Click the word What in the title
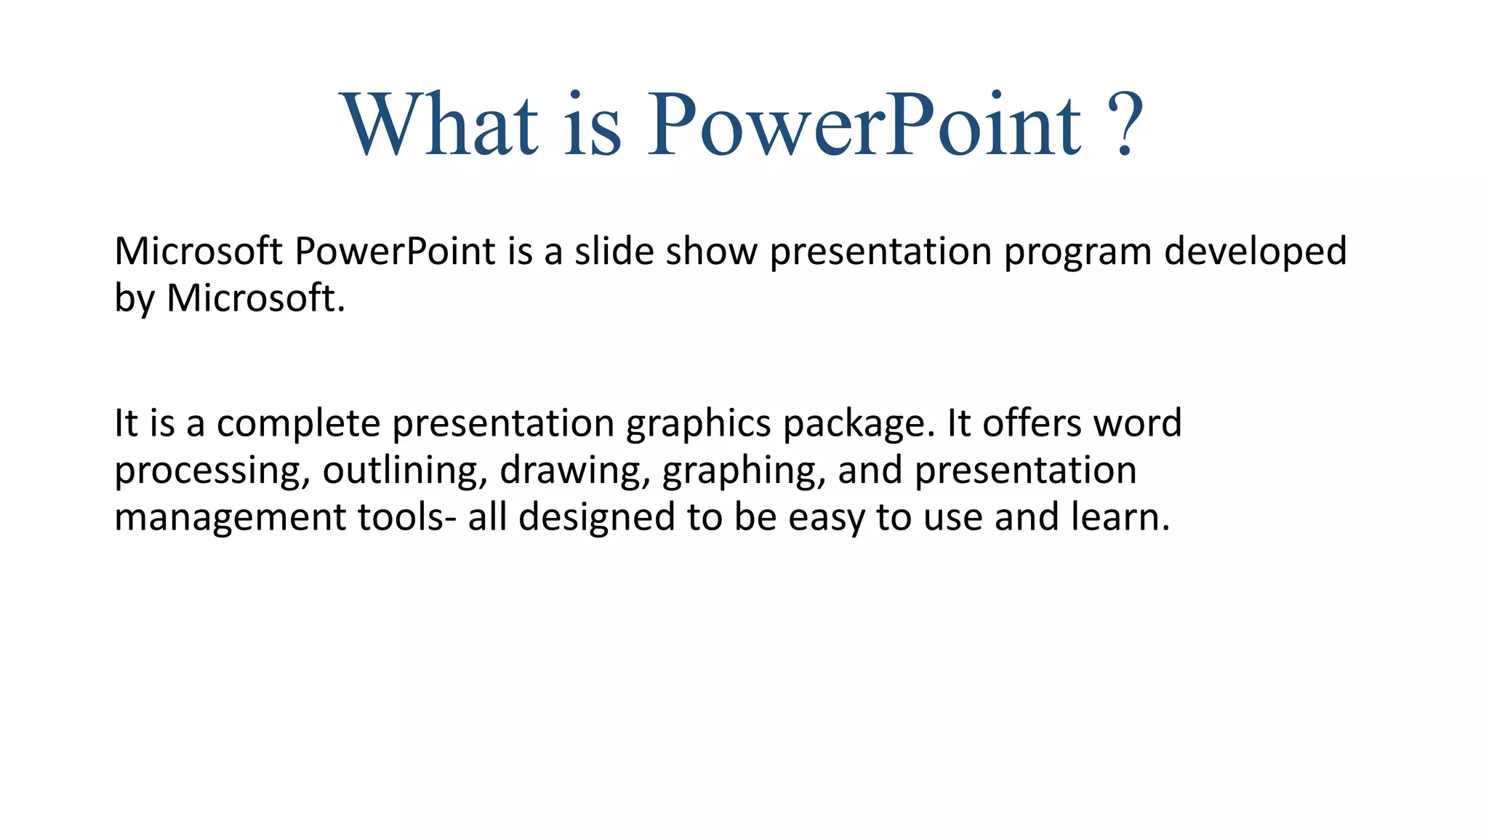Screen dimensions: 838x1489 coord(440,124)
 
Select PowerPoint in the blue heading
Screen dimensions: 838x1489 coord(864,124)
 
